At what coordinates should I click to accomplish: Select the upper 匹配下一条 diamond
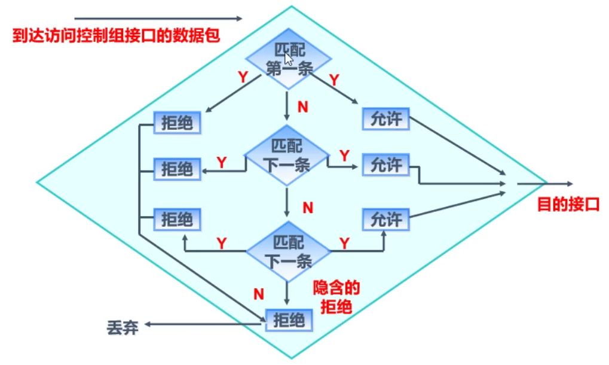pos(287,155)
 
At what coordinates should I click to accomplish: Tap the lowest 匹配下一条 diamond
pos(288,251)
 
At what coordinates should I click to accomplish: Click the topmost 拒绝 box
pos(177,123)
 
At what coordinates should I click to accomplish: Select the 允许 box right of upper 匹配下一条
pos(386,165)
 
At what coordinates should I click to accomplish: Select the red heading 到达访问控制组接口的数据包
pos(117,36)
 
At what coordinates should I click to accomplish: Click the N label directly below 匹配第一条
pos(303,107)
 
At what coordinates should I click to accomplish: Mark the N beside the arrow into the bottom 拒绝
pos(259,293)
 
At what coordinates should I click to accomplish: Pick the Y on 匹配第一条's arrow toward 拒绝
pos(243,77)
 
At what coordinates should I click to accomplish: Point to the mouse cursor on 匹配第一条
pos(288,59)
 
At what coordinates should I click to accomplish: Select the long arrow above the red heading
pos(158,19)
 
